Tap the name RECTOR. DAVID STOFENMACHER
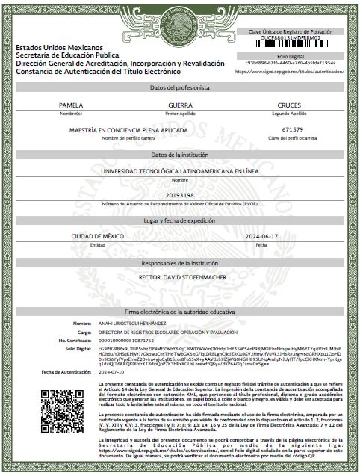click(x=180, y=278)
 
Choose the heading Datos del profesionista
click(x=179, y=88)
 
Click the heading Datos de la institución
click(x=179, y=154)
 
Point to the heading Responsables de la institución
click(x=179, y=264)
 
